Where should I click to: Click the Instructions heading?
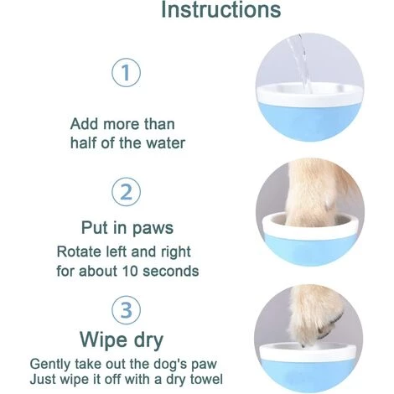pos(221,9)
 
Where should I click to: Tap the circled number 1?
pos(127,72)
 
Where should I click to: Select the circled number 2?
pos(127,192)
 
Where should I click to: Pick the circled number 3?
pos(127,310)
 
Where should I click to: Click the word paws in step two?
pos(153,228)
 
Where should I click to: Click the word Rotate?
pos(79,251)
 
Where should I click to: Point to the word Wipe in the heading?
pos(103,340)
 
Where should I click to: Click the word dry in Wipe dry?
pos(148,341)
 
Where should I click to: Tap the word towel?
pos(206,379)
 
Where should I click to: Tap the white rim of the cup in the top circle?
pos(309,96)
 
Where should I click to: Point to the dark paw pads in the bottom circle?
pos(331,327)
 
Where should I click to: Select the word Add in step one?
pos(84,124)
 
